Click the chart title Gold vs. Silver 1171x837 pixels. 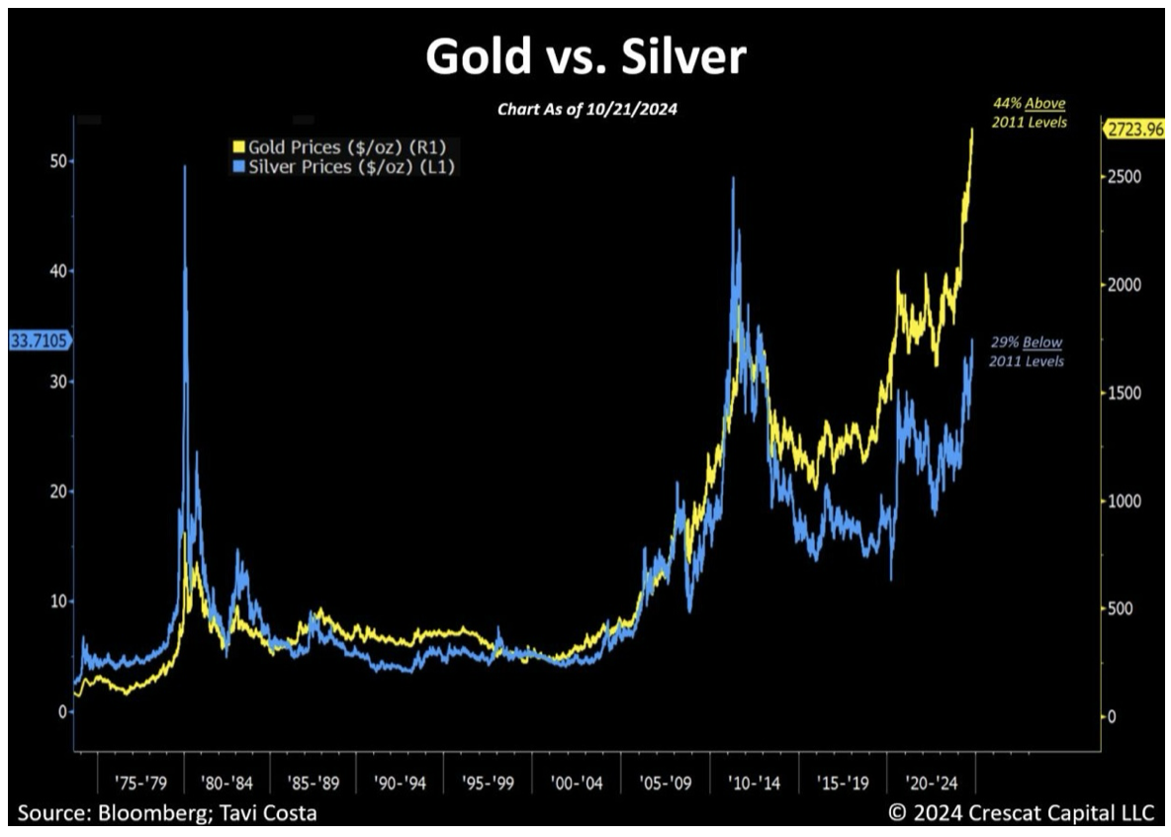click(x=585, y=57)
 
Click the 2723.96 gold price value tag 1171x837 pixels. click(x=1135, y=131)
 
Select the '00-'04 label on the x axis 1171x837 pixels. click(x=577, y=783)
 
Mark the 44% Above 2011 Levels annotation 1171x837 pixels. click(x=1029, y=112)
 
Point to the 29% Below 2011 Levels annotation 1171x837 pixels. click(x=1029, y=351)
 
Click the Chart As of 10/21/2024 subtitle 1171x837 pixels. click(x=585, y=109)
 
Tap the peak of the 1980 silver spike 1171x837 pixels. click(x=185, y=167)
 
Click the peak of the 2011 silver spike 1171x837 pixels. click(x=733, y=179)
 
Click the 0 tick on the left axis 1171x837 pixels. click(x=62, y=712)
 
